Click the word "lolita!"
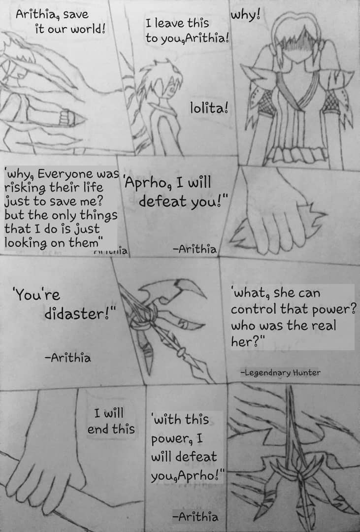tap(209, 108)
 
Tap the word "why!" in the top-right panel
tap(246, 16)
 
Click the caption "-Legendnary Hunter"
tap(281, 372)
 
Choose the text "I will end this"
tap(111, 421)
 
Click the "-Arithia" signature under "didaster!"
tap(68, 358)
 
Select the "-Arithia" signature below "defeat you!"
tap(195, 249)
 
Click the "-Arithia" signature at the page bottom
tap(195, 517)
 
